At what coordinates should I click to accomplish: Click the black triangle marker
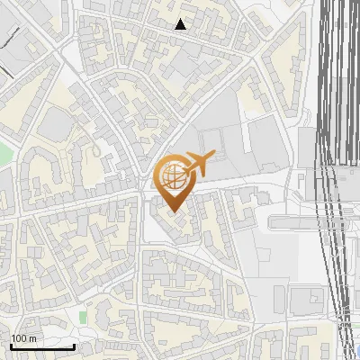point(181,24)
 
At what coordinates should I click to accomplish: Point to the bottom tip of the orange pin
point(172,212)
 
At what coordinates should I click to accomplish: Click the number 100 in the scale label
point(20,338)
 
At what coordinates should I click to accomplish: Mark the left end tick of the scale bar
point(11,346)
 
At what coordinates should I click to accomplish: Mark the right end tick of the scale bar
point(74,346)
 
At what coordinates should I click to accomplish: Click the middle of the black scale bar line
point(42,347)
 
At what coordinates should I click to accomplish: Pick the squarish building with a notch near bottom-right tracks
point(307,298)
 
